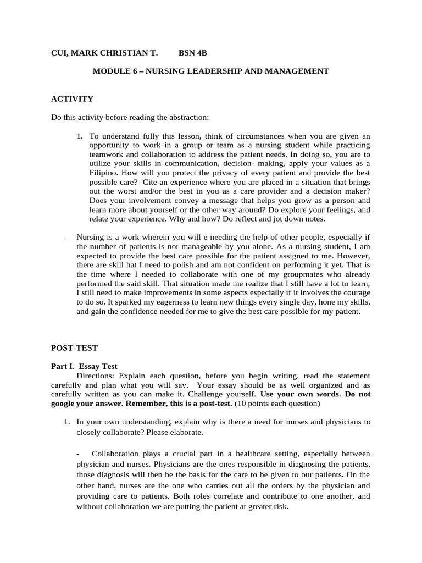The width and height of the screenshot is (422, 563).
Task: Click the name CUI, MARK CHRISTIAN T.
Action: (x=104, y=53)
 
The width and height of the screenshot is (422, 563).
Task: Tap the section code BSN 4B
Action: (x=193, y=53)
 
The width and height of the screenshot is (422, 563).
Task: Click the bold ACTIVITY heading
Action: (x=72, y=99)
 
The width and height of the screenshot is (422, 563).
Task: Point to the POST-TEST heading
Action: (x=74, y=348)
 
